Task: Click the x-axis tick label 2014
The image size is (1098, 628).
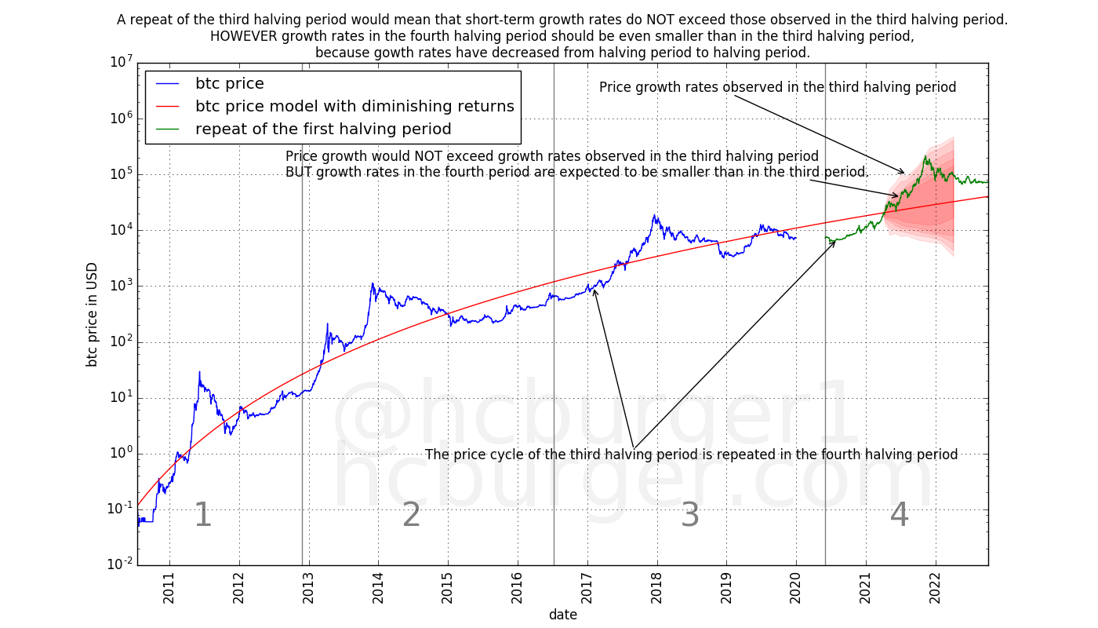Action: [378, 589]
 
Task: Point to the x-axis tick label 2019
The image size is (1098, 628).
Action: [726, 589]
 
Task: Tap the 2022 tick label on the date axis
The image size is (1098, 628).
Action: [936, 589]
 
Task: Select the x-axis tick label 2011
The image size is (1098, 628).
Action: [169, 589]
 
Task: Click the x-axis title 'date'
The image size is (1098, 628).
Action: [562, 615]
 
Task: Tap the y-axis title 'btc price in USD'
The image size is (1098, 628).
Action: [93, 314]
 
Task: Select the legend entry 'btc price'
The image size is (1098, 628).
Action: [229, 84]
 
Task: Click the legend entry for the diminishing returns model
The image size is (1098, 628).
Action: [354, 107]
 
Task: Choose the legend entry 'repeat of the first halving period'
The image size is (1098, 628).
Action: [323, 130]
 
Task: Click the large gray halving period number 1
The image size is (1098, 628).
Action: [202, 516]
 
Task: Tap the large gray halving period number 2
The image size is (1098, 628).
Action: [412, 516]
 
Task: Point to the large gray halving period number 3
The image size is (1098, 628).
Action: [690, 516]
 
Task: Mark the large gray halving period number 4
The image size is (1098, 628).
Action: [899, 516]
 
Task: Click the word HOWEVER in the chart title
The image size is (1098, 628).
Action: [245, 36]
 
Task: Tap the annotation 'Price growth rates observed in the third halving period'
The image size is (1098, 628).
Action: [777, 87]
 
